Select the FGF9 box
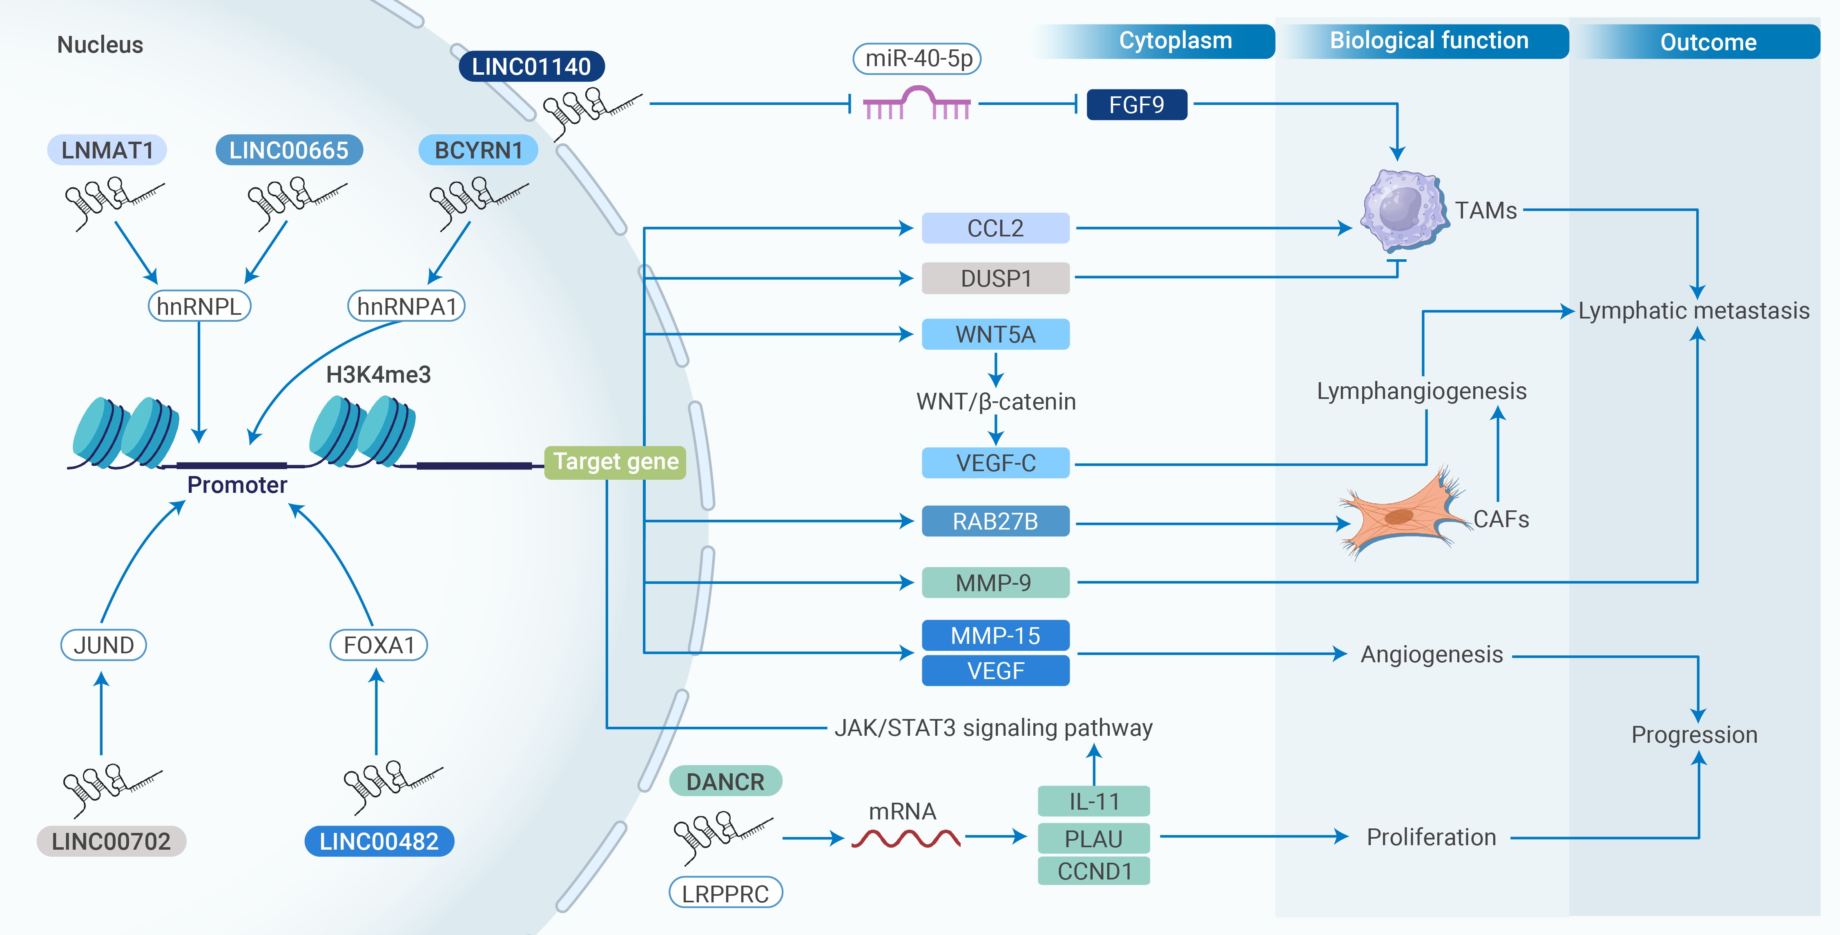(1136, 105)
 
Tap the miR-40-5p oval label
(917, 58)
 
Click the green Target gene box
(615, 462)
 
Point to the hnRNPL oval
(199, 307)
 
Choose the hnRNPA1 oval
(406, 307)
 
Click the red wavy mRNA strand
(905, 838)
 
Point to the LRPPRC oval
(725, 893)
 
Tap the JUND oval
(104, 645)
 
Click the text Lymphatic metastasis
(1693, 311)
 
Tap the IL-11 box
(1093, 801)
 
